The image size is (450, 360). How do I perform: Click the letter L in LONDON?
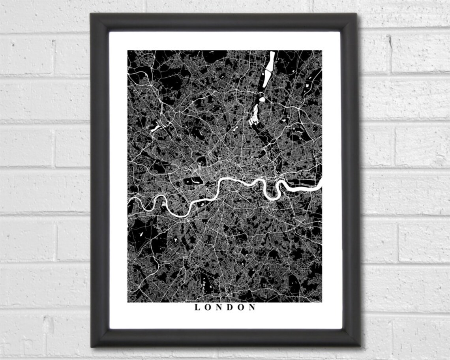click(197, 307)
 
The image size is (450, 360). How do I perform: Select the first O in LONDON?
click(208, 307)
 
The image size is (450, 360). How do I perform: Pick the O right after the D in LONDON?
click(241, 307)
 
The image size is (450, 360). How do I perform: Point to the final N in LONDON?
click(253, 307)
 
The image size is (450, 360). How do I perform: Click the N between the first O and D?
click(219, 307)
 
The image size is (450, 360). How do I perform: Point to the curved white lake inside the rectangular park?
click(194, 182)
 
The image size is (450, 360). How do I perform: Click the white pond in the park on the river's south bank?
click(203, 201)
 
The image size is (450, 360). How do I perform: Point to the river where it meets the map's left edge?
click(129, 201)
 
